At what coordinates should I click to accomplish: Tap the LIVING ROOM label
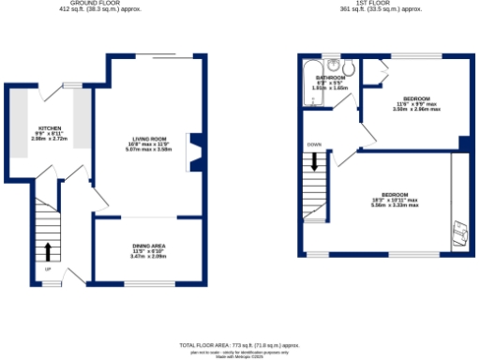(x=148, y=140)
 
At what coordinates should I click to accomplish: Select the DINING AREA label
(x=148, y=245)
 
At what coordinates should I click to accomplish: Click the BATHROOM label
(x=330, y=77)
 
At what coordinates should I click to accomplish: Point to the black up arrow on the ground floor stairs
(x=46, y=250)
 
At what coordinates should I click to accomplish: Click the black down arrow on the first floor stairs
(x=316, y=161)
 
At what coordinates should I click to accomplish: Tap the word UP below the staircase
(x=47, y=271)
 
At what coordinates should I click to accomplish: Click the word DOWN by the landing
(x=315, y=144)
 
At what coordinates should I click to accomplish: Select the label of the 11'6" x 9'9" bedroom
(x=416, y=98)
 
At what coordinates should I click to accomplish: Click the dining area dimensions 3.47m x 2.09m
(x=148, y=256)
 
